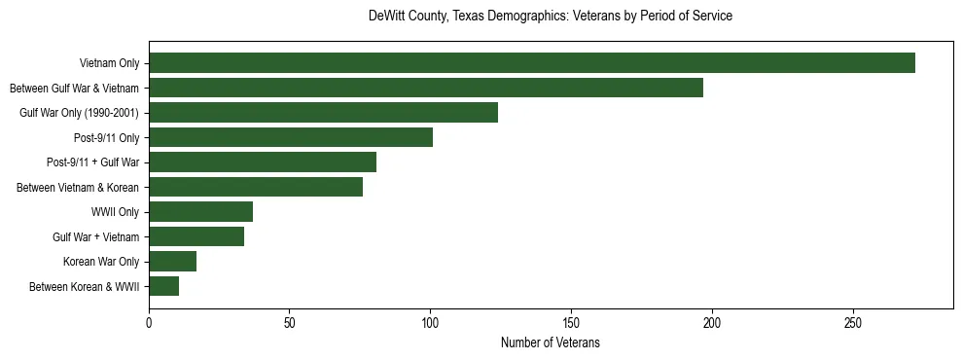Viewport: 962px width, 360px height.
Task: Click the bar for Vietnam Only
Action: (531, 63)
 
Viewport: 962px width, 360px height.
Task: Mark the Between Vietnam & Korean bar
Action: (256, 187)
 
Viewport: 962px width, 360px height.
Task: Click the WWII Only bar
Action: (200, 212)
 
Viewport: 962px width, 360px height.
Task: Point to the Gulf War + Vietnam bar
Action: (196, 236)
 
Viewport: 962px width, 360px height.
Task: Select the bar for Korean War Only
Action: (172, 262)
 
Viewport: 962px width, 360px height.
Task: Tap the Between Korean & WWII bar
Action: (163, 286)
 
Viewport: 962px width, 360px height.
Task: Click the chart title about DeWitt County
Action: (551, 17)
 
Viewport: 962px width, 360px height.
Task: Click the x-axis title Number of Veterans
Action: (551, 343)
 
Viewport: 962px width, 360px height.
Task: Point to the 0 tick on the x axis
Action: (149, 322)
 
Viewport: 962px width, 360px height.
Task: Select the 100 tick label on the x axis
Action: (430, 322)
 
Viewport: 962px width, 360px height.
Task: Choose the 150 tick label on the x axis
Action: (571, 322)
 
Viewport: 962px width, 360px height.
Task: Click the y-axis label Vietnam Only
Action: (109, 64)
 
